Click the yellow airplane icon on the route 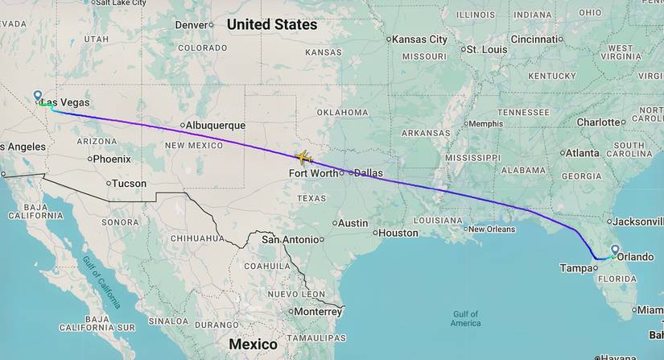(303, 156)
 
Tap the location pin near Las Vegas (38, 97)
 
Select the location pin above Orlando (615, 250)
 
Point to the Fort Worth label (314, 172)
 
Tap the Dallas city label (368, 172)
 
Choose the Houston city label (398, 233)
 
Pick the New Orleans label (491, 230)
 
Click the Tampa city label (576, 268)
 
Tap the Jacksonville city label (637, 221)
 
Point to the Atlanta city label (581, 153)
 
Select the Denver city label (192, 25)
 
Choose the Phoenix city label (111, 159)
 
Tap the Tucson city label (129, 184)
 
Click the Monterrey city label (318, 311)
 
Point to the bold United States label (272, 25)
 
